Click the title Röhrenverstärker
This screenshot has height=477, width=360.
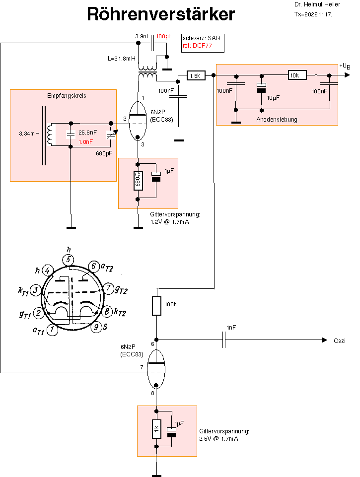pos(161,14)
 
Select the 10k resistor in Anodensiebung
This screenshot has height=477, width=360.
pos(297,75)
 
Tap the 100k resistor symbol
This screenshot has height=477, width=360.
pos(156,306)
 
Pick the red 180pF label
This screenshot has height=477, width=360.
pos(164,36)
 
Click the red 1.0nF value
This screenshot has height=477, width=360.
pos(86,141)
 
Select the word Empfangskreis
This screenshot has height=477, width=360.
pos(66,96)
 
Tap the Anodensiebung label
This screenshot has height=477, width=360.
pos(277,120)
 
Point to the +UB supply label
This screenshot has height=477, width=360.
pos(346,67)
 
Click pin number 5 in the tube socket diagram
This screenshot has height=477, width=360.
pos(69,260)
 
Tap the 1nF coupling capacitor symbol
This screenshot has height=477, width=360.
pos(225,340)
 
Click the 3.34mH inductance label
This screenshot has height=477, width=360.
pos(29,134)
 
